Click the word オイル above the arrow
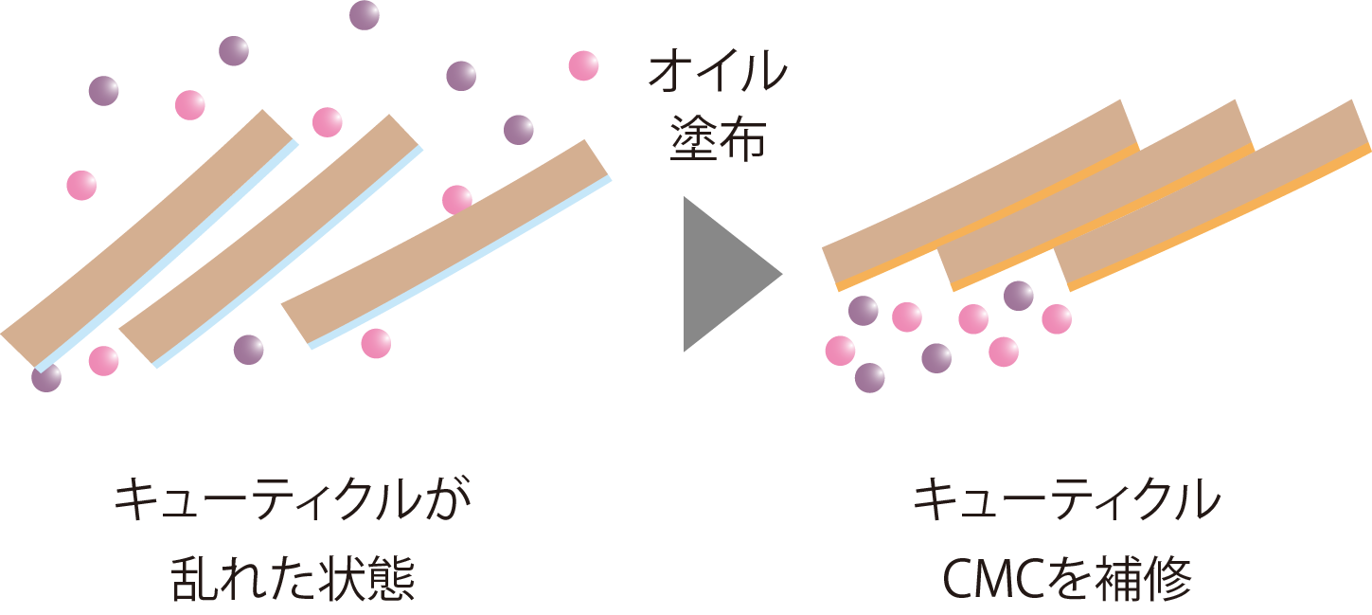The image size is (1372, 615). pos(717,74)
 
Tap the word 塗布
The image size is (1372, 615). pos(717,139)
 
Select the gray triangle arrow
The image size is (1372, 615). pos(725,275)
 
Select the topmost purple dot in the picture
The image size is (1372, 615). pos(364,15)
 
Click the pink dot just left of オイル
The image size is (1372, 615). pos(583,65)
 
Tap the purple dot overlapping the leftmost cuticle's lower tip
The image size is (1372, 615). pos(45,377)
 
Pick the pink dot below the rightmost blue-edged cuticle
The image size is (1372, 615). pos(376,343)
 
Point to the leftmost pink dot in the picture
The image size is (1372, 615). pos(81,185)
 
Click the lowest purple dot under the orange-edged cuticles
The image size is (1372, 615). pos(869,377)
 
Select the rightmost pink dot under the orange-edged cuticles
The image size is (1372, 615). pos(1057,318)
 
